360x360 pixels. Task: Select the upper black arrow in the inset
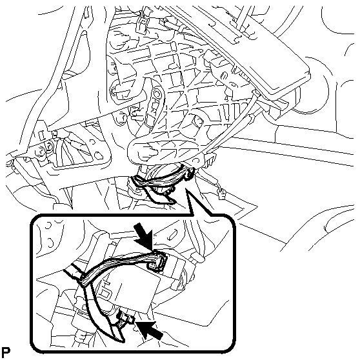pos(143,237)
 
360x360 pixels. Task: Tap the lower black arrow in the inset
pos(149,330)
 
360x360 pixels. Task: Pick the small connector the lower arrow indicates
pos(126,319)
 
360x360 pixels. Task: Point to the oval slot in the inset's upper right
pos(173,234)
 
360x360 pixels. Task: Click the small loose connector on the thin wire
pos(221,194)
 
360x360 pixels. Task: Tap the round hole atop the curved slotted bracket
pos(157,93)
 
